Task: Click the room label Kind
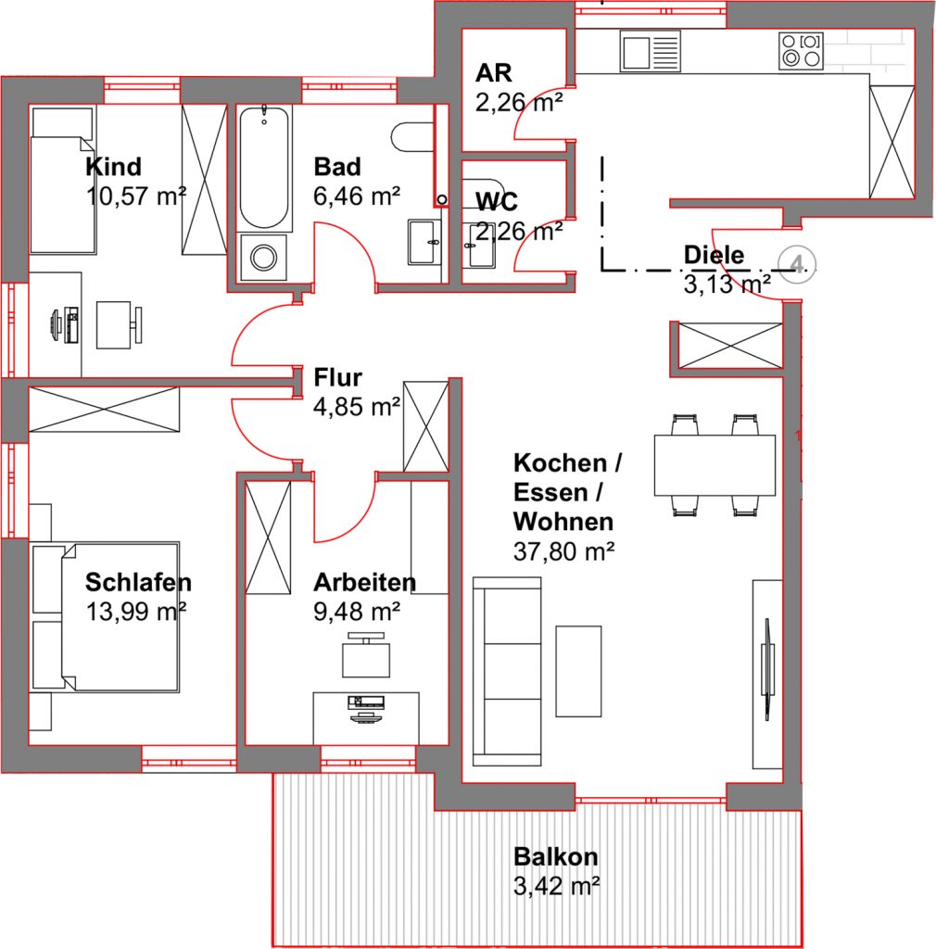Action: coord(113,167)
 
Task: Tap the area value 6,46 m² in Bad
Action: coord(357,196)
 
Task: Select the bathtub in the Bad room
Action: coord(264,168)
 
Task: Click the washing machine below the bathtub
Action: coord(263,258)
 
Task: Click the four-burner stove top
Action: coord(801,51)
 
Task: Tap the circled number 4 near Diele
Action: coord(797,264)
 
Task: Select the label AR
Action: coord(494,72)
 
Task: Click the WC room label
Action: coord(496,201)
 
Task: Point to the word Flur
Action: coord(337,378)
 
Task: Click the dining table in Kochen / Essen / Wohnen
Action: coord(715,465)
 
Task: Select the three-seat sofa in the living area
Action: coord(507,672)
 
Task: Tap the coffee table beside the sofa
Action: coord(578,672)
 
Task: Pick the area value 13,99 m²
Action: coord(135,612)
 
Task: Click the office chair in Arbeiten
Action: coord(366,655)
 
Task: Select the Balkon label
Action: coord(555,857)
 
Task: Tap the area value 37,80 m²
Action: coord(563,551)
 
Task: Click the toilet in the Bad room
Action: coord(412,137)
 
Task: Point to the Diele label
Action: coord(714,255)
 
